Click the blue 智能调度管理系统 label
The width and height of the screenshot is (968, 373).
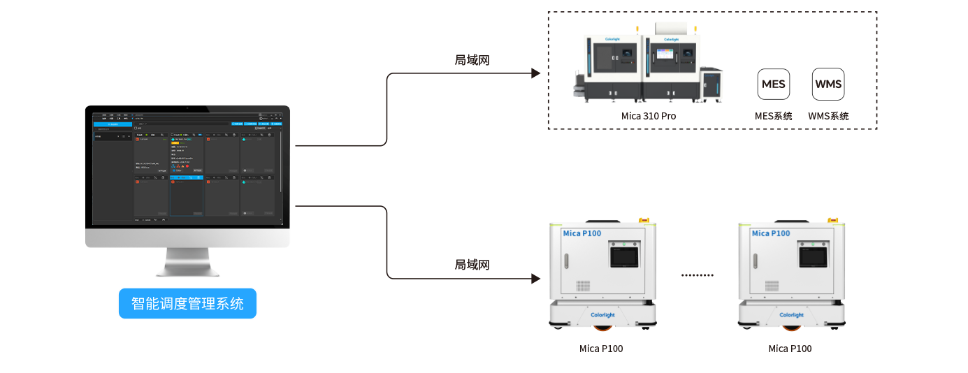[x=187, y=304]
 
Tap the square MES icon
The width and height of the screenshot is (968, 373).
[x=774, y=85]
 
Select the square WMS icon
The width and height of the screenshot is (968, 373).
[x=828, y=85]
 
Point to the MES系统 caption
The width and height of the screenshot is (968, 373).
[x=774, y=116]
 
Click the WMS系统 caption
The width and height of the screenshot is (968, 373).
[x=828, y=116]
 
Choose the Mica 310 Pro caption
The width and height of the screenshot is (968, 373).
[x=649, y=116]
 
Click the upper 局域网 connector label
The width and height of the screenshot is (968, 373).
[x=472, y=61]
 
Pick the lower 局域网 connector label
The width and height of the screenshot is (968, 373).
[x=472, y=265]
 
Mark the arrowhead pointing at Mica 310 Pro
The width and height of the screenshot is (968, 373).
[x=536, y=73]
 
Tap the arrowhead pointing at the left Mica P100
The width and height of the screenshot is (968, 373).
[x=536, y=279]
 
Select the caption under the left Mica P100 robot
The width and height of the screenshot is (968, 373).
[x=601, y=349]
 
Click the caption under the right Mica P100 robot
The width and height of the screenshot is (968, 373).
[x=790, y=349]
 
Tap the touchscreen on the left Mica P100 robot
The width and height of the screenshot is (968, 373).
[x=623, y=256]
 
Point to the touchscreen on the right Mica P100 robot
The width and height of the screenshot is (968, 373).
[x=812, y=256]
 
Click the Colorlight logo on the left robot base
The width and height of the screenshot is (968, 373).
[x=602, y=315]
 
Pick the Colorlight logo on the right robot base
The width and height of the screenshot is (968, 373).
[x=791, y=315]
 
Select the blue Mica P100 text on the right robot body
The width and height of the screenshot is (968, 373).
[x=771, y=233]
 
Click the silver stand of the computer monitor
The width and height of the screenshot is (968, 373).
[x=187, y=263]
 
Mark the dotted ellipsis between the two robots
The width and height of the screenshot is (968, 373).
[x=698, y=275]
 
